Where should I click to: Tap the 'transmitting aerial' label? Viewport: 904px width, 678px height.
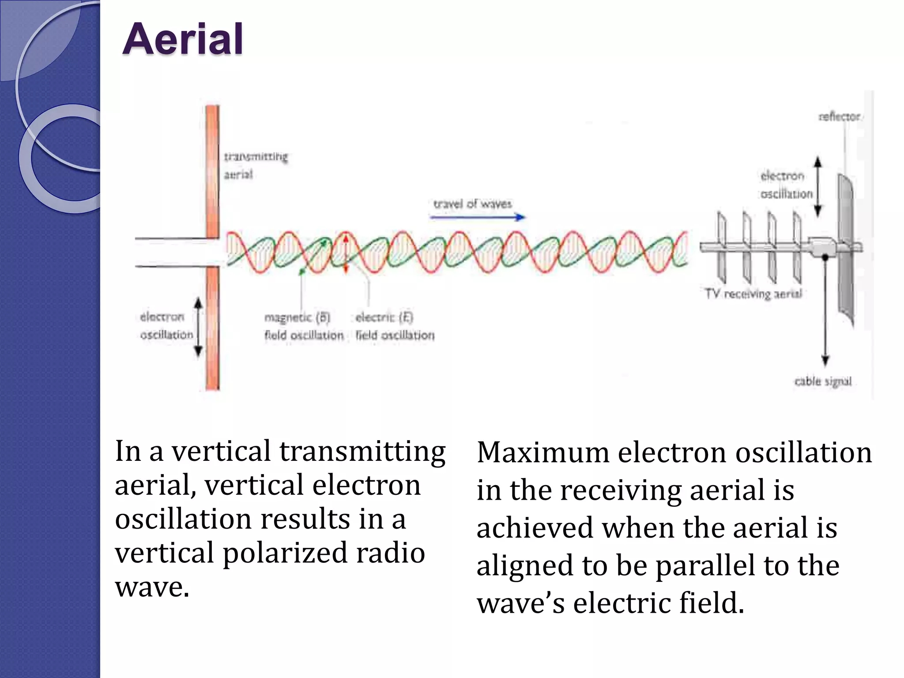(x=255, y=166)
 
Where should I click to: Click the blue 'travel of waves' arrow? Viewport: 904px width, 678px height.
(x=477, y=217)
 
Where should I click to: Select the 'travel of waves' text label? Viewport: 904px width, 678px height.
(x=472, y=204)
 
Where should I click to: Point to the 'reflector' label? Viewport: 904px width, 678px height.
(x=839, y=117)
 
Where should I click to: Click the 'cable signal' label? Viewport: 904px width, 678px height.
(x=823, y=381)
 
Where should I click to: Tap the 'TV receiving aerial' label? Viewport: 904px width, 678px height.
(x=753, y=294)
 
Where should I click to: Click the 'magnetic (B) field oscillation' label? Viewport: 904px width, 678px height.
(x=303, y=326)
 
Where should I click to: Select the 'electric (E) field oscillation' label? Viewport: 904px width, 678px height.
(x=394, y=326)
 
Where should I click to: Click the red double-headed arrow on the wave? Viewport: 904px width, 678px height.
(x=346, y=254)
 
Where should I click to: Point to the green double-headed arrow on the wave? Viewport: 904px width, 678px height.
(x=313, y=256)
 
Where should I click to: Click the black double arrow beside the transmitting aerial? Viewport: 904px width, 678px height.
(x=198, y=327)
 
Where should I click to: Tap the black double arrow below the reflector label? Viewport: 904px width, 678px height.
(x=817, y=187)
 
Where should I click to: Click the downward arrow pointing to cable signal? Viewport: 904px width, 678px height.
(x=825, y=318)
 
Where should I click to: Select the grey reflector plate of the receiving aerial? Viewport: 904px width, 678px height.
(x=846, y=247)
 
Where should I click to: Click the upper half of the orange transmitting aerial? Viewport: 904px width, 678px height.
(x=212, y=172)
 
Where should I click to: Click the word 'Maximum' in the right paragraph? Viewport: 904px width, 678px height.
(x=543, y=452)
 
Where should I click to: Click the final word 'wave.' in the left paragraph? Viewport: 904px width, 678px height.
(x=152, y=587)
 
